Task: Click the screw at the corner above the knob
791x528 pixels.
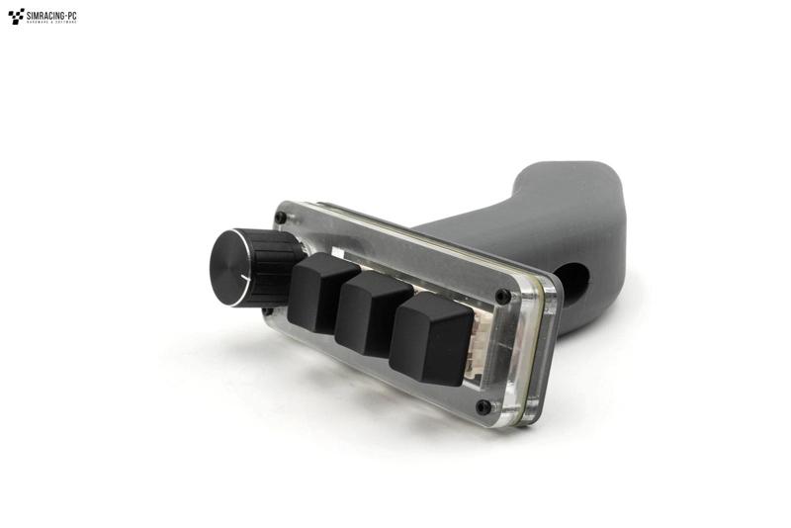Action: pyautogui.click(x=281, y=217)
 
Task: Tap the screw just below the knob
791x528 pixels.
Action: pyautogui.click(x=267, y=310)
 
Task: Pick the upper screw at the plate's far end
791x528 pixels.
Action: pyautogui.click(x=503, y=296)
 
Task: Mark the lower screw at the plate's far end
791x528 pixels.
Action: pyautogui.click(x=483, y=406)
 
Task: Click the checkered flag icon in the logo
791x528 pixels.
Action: pyautogui.click(x=16, y=16)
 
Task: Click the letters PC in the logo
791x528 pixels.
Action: pyautogui.click(x=70, y=13)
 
